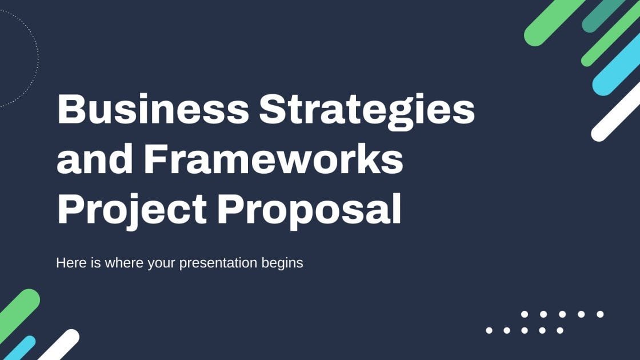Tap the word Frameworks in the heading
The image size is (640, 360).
tap(274, 159)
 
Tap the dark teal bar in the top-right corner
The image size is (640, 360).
tap(603, 15)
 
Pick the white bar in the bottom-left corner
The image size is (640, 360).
tap(59, 345)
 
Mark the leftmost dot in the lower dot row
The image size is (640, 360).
tap(489, 330)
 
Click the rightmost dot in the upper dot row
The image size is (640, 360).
tap(600, 314)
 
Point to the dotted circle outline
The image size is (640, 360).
tap(38, 57)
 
